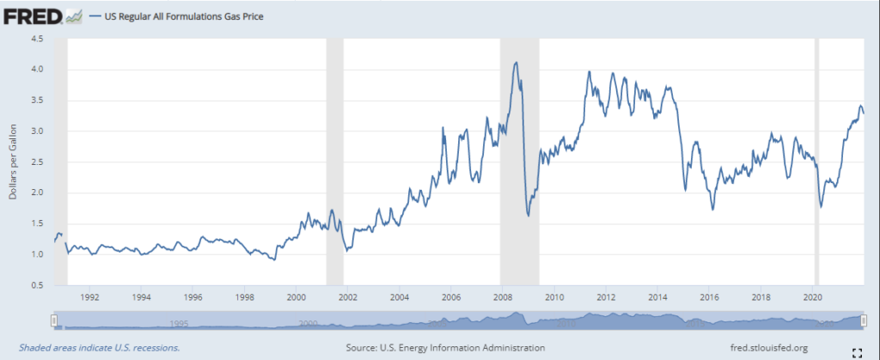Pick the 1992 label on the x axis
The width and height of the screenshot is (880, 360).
click(x=90, y=298)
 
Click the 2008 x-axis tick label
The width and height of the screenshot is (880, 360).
click(x=502, y=298)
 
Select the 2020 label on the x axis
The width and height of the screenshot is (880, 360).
click(x=812, y=298)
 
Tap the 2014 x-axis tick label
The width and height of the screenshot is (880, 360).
click(x=657, y=298)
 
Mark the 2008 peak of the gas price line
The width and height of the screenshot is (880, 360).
click(x=516, y=62)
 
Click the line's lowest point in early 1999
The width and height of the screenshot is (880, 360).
click(x=274, y=259)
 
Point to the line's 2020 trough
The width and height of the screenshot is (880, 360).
click(x=821, y=207)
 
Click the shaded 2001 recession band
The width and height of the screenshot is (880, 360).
click(x=334, y=163)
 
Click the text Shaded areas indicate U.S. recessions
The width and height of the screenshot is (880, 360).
click(x=91, y=347)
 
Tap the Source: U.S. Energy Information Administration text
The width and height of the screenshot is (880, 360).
click(x=445, y=347)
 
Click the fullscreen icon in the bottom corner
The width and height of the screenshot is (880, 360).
click(x=856, y=351)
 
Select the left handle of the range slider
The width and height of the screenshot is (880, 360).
click(x=54, y=320)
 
